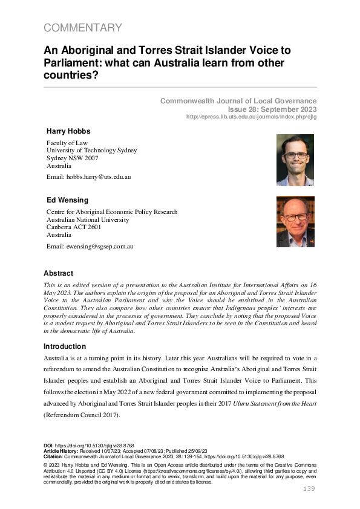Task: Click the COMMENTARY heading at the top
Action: click(x=83, y=28)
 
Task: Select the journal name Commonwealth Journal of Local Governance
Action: click(x=238, y=100)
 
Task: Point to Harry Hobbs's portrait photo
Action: click(x=295, y=160)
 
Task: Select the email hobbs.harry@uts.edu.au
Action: click(x=88, y=177)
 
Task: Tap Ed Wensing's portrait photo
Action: click(x=295, y=221)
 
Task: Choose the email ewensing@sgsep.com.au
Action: click(x=90, y=246)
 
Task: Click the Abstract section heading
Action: click(x=58, y=273)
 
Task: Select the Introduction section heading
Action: click(x=65, y=346)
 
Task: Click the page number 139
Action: click(x=309, y=488)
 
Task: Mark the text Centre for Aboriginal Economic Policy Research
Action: click(x=112, y=212)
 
